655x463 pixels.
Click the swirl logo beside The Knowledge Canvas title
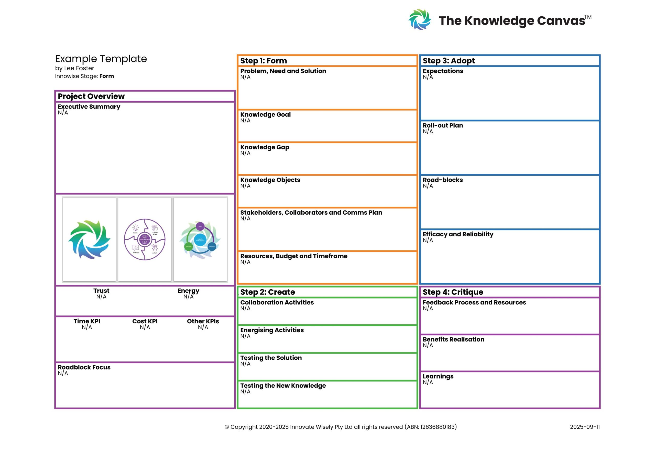point(419,19)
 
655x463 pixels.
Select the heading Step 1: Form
point(263,61)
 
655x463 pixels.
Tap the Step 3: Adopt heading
point(449,61)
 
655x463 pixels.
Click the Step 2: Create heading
point(267,292)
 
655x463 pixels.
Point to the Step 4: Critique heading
point(453,292)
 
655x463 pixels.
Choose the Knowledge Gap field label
point(265,147)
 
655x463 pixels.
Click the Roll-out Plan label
point(442,126)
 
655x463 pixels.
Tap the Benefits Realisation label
point(453,339)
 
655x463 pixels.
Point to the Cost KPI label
point(145,321)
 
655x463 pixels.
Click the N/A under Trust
point(101,297)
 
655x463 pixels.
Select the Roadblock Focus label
point(84,367)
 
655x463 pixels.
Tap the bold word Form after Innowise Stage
point(106,76)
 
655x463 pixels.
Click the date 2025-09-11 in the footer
point(585,427)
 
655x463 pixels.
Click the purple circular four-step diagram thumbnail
point(145,239)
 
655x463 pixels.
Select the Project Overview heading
point(91,96)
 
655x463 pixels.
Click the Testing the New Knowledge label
point(283,385)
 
